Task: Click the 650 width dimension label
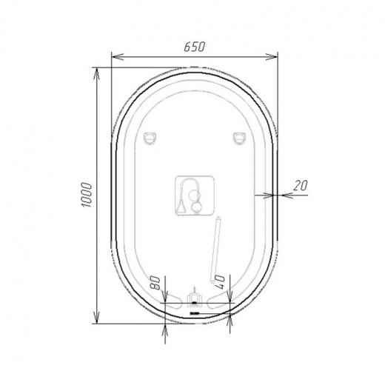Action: (195, 47)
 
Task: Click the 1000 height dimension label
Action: (86, 195)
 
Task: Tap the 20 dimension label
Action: (301, 185)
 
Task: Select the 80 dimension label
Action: (155, 283)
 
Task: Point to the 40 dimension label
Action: (220, 282)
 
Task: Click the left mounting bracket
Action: (150, 138)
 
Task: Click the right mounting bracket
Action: (239, 138)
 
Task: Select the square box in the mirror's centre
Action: (195, 196)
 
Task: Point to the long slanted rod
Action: (215, 250)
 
